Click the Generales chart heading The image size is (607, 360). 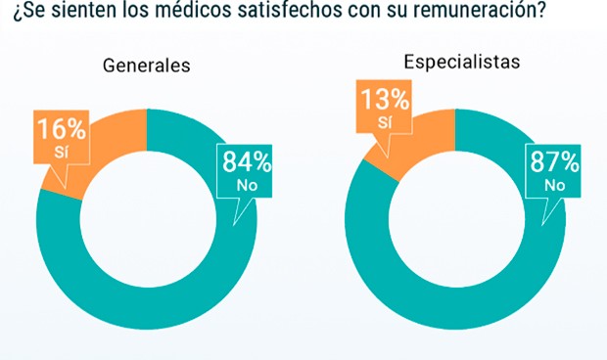[x=146, y=67]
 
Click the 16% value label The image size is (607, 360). [x=61, y=128]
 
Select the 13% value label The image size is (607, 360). [x=386, y=100]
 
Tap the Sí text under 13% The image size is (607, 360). [x=385, y=122]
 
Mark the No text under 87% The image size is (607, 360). [x=554, y=185]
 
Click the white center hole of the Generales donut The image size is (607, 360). [x=147, y=219]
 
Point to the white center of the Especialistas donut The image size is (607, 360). [x=456, y=220]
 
